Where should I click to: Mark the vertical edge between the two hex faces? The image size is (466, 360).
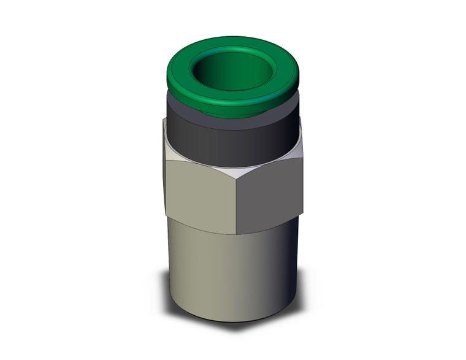click(236, 202)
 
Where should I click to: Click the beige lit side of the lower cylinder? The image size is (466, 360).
click(196, 276)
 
